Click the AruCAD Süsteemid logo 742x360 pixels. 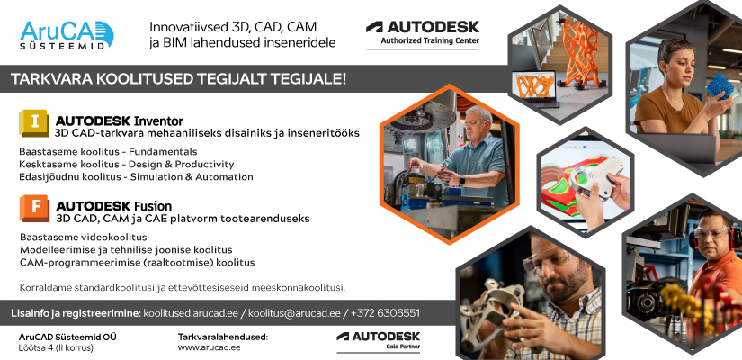coord(67,35)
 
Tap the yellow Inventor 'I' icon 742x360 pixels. coord(33,123)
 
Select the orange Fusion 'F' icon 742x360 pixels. coord(34,209)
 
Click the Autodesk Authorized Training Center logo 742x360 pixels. coord(423,33)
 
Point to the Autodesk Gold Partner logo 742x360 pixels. coord(378,340)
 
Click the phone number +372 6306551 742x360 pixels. coord(385,313)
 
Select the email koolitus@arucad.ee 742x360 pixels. coord(294,313)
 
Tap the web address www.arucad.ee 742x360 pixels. coord(210,347)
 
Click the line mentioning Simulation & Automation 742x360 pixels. coord(137,176)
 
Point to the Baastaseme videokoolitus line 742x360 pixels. coord(84,237)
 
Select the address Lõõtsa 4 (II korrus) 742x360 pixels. coord(56,348)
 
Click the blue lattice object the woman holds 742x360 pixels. coord(720,85)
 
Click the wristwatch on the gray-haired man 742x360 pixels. coord(462,181)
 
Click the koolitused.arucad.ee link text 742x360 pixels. coord(193,313)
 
